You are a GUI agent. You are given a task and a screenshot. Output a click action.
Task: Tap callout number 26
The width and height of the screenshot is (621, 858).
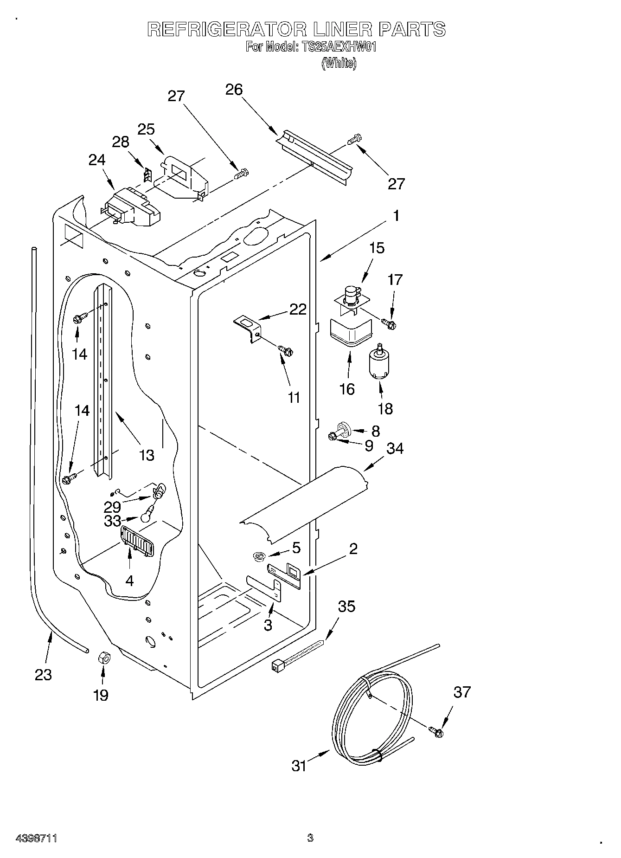tap(234, 90)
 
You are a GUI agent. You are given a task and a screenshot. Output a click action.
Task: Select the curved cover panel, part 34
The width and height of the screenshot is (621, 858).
tap(306, 503)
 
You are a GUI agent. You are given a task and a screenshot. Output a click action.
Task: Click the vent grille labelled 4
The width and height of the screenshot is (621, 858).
tap(136, 541)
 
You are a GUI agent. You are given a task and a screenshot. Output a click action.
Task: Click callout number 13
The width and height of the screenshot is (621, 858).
tap(147, 455)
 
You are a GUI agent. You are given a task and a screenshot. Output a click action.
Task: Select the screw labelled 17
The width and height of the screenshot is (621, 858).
tap(389, 323)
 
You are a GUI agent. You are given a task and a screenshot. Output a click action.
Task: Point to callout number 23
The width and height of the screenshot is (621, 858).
tap(43, 674)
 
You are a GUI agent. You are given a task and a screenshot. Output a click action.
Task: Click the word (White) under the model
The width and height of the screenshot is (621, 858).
tap(339, 63)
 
